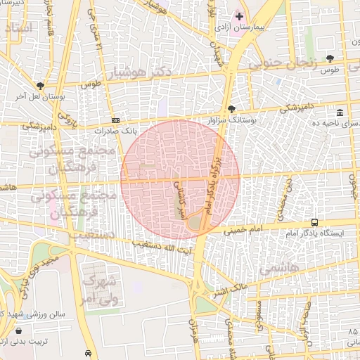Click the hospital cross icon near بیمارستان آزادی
point(239,15)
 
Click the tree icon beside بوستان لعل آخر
point(40,86)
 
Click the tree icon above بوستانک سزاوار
point(231,109)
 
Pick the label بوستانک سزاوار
point(231,120)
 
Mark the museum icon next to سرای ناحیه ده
point(340,112)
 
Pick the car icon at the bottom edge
point(87,353)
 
